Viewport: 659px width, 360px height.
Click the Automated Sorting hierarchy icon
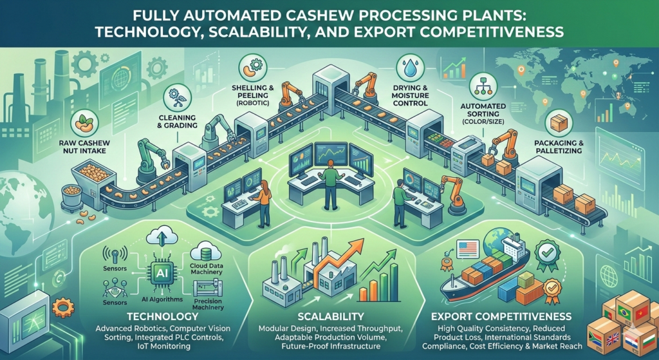482,84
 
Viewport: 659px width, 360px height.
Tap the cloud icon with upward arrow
158,238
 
